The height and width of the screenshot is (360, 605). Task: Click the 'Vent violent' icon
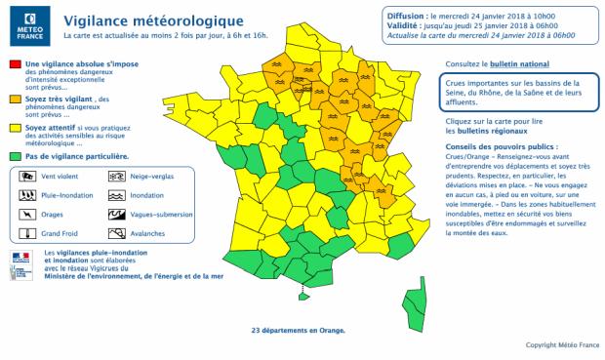click(27, 176)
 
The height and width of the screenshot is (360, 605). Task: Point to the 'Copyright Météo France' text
click(562, 344)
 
